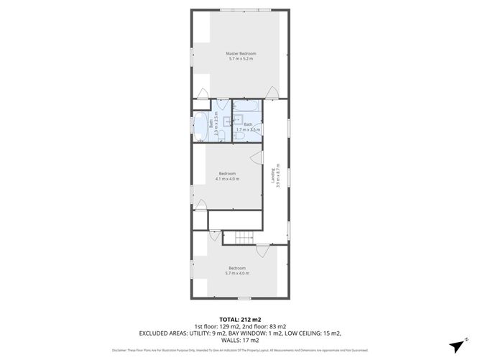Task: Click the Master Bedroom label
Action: pos(241,54)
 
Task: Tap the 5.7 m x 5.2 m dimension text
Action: pos(241,60)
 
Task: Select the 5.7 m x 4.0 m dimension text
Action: pos(238,273)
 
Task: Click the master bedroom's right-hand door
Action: pos(272,93)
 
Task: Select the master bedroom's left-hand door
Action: pos(203,93)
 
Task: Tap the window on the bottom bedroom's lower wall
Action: pos(244,298)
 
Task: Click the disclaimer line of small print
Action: pos(239,350)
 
